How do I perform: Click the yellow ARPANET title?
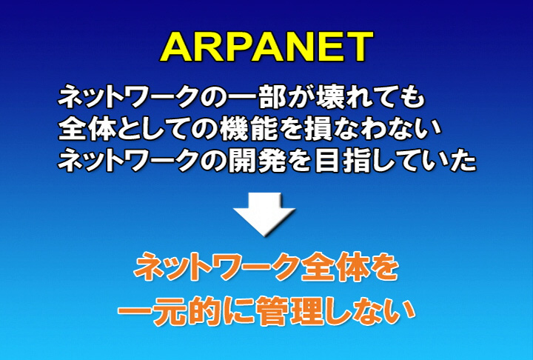(x=266, y=47)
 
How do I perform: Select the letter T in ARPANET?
(x=358, y=47)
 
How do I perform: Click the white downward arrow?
(x=264, y=214)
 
